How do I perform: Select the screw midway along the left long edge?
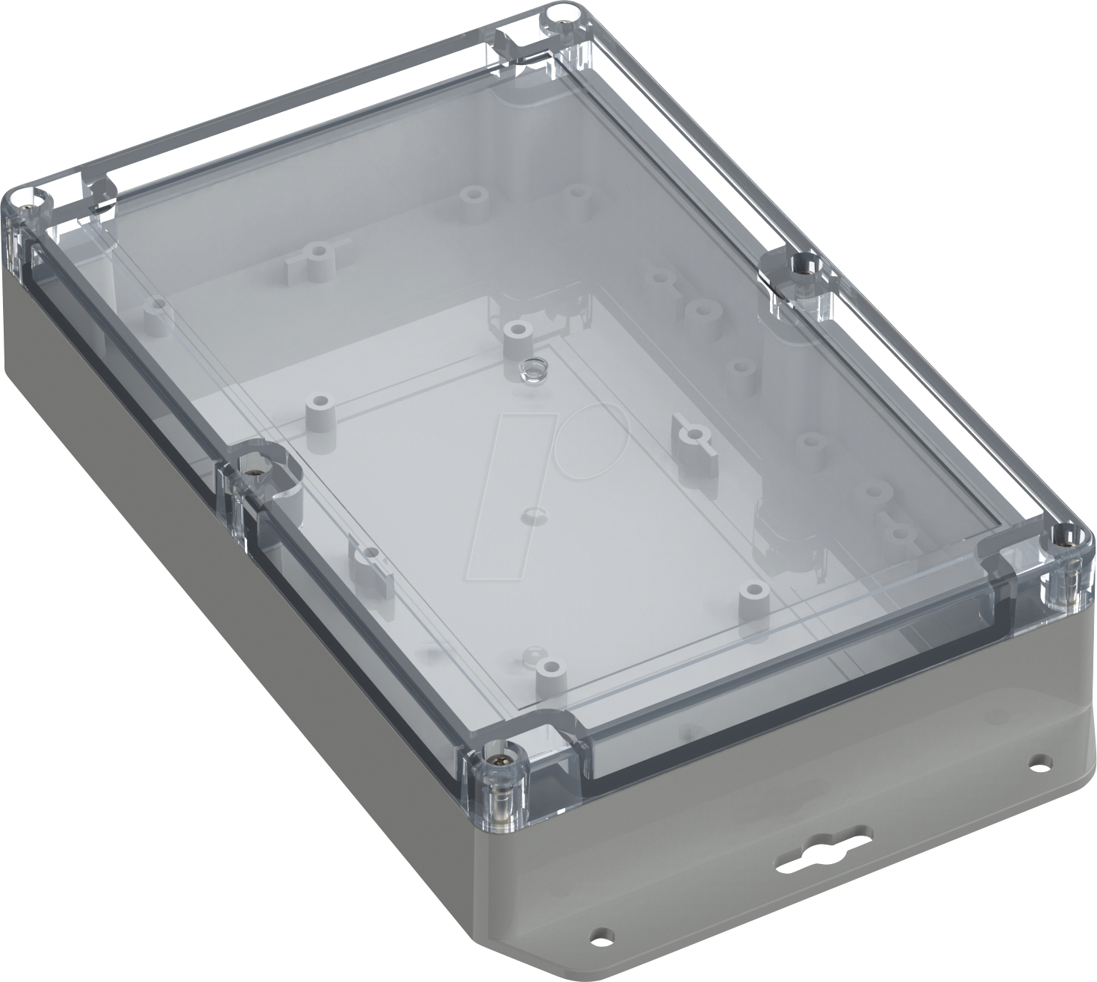click(255, 467)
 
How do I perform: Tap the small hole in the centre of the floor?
click(532, 515)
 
